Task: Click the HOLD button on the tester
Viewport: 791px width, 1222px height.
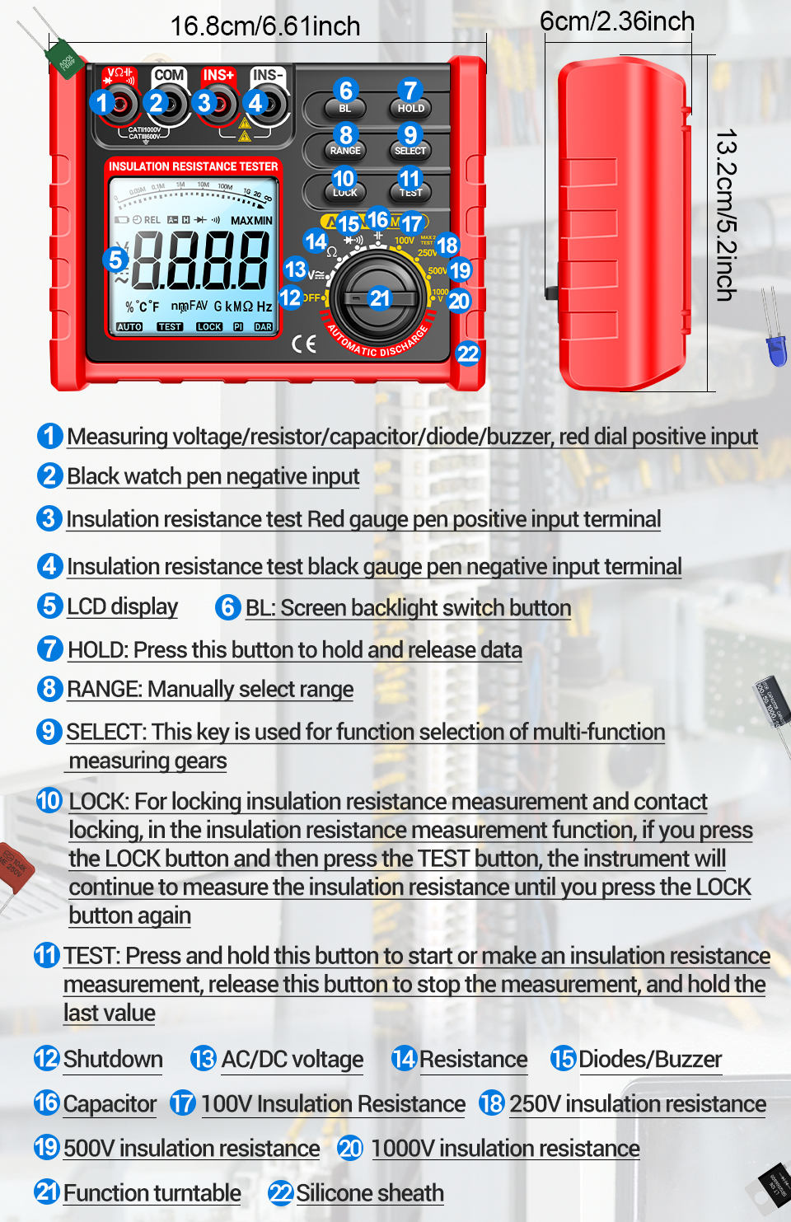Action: (x=410, y=108)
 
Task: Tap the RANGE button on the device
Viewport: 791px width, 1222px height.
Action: (x=345, y=151)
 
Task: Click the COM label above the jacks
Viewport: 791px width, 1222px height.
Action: (x=169, y=75)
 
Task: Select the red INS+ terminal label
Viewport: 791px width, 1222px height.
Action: (x=218, y=75)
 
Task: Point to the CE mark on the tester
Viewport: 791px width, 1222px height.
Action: (x=304, y=344)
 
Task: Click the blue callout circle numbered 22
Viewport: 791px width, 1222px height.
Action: (x=467, y=353)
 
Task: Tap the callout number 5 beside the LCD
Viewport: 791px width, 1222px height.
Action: (x=116, y=260)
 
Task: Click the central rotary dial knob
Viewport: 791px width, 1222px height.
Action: (x=378, y=297)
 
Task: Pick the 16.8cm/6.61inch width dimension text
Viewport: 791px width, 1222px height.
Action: (x=265, y=26)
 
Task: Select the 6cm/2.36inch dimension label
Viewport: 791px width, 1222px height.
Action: (x=617, y=21)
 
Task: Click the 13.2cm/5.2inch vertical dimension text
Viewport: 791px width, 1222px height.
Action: (x=725, y=215)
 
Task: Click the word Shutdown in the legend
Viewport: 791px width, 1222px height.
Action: (x=113, y=1059)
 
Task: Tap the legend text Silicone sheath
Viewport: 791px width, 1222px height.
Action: (x=370, y=1193)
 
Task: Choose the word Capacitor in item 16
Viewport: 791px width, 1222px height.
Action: (x=110, y=1104)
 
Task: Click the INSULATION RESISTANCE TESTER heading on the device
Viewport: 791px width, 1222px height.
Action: (x=194, y=166)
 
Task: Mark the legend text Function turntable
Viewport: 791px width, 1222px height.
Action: (x=152, y=1193)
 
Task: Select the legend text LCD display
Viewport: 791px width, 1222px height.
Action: (x=122, y=606)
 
